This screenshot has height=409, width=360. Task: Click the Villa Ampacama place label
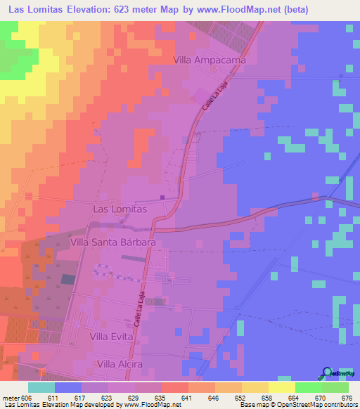(209, 60)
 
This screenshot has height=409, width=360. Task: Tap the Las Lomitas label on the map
(120, 209)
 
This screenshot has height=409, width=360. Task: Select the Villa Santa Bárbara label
(112, 241)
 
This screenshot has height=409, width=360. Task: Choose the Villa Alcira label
(120, 364)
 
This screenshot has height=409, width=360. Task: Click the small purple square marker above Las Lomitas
(163, 197)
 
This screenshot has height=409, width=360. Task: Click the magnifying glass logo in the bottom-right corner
(328, 373)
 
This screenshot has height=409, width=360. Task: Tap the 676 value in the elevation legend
(346, 398)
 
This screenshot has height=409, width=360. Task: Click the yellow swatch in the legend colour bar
(281, 387)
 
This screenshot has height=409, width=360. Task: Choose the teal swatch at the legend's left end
(41, 387)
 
